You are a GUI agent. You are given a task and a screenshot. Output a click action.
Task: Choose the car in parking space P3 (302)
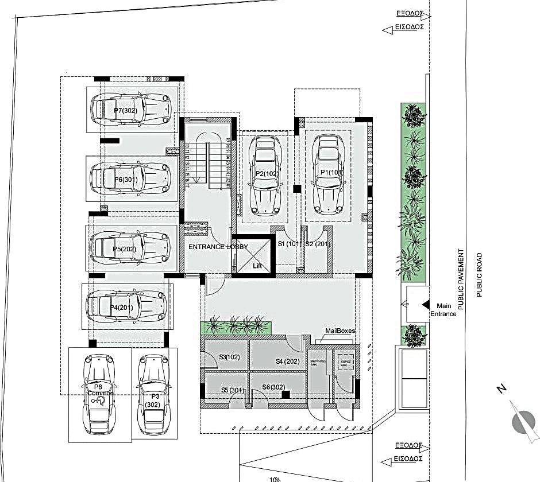pyautogui.click(x=153, y=394)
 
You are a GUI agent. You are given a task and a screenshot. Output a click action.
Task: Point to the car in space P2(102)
pyautogui.click(x=265, y=174)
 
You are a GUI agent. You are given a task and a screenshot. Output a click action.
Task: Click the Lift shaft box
pyautogui.click(x=253, y=254)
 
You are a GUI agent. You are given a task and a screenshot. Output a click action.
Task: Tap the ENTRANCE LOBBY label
pyautogui.click(x=218, y=247)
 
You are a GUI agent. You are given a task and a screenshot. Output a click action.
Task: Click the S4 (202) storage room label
pyautogui.click(x=287, y=361)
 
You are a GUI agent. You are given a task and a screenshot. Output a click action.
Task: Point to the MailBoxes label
pyautogui.click(x=340, y=331)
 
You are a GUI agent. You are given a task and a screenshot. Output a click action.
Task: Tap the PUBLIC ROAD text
pyautogui.click(x=480, y=275)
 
